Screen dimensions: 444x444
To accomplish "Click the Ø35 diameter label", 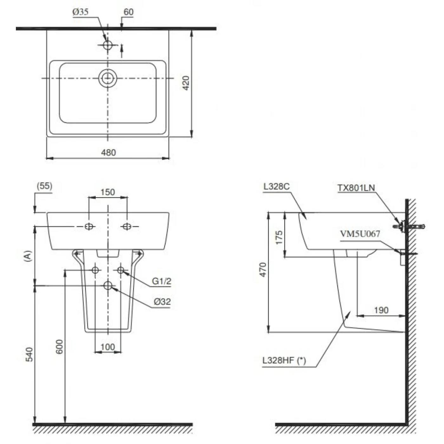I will tap(80, 12).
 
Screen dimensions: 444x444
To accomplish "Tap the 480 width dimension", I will tap(108, 153).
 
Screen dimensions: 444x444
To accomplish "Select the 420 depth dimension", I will tap(186, 83).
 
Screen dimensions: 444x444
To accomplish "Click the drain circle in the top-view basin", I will tap(108, 78).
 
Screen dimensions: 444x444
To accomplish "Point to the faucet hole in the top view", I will tap(108, 45).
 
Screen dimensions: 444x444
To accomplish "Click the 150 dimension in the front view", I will tap(108, 192).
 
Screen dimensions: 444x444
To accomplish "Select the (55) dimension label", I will tap(44, 186).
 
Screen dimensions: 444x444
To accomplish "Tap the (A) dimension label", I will tap(28, 256).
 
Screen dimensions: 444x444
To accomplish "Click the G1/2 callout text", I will tap(161, 281).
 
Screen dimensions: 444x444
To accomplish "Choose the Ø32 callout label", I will tap(162, 302).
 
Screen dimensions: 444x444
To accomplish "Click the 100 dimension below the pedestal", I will tap(108, 347).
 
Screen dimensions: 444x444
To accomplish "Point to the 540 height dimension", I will tap(29, 355).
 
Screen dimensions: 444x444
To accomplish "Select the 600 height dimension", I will tap(60, 346).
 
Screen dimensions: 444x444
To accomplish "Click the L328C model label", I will tap(276, 186).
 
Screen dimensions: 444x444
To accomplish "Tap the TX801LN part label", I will tap(356, 188).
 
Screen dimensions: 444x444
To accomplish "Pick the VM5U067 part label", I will tap(360, 234).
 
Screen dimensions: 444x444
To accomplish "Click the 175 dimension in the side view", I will tap(279, 237).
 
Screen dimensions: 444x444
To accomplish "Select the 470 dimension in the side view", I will tap(263, 270).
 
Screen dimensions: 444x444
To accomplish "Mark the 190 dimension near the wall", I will tap(381, 310).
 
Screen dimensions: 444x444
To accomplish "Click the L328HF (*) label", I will tap(284, 360).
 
